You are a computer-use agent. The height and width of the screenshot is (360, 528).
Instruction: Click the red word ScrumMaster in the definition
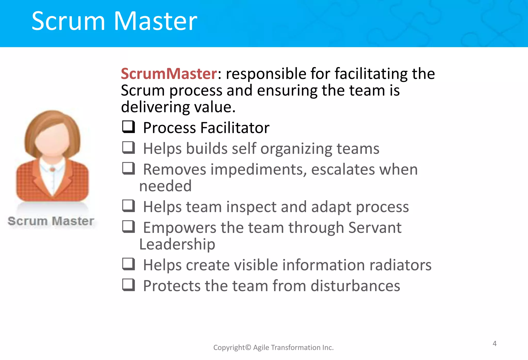coord(169,74)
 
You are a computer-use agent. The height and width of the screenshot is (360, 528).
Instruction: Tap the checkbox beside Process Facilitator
coord(128,127)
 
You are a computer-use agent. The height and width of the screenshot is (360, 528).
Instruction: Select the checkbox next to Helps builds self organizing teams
coord(128,148)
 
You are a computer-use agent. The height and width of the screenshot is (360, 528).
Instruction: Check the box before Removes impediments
coord(128,169)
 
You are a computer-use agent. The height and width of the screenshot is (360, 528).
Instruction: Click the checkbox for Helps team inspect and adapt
coord(128,206)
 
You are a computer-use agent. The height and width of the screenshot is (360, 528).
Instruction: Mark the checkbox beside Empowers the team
coord(128,227)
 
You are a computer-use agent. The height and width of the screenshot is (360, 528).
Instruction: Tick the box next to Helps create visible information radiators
coord(128,264)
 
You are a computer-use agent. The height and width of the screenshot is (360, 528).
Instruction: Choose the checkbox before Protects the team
coord(128,285)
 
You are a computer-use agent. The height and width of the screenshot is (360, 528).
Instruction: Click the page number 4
coord(494,344)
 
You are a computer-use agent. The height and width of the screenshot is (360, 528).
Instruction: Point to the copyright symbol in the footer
coord(248,348)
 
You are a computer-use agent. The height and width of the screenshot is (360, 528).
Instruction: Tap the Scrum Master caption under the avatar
coord(51,221)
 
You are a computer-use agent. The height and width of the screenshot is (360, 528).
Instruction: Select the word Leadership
coord(177,244)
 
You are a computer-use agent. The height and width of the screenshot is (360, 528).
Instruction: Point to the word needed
coord(165,186)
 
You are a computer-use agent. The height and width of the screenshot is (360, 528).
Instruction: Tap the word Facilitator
coord(235,128)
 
